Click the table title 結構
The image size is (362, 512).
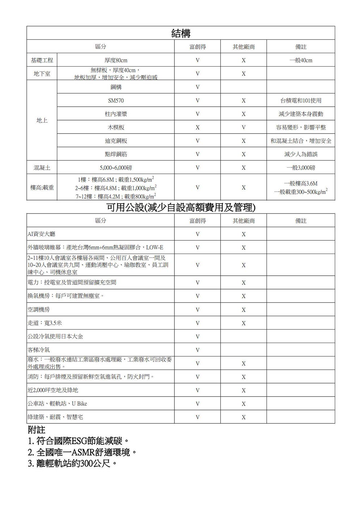(181, 33)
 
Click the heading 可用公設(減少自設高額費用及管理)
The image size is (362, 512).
(181, 207)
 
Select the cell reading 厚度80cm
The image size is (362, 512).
(116, 60)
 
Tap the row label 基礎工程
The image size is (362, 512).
(42, 60)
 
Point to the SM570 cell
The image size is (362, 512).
(116, 101)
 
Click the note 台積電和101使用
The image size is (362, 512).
(300, 101)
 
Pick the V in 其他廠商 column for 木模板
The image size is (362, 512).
(244, 127)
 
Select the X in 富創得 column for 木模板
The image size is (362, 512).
(197, 127)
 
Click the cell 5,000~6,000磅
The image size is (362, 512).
(116, 168)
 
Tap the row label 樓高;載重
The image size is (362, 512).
(42, 188)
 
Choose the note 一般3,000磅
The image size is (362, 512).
(300, 168)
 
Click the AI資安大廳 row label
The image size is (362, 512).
(42, 234)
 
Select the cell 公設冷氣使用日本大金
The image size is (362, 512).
(55, 337)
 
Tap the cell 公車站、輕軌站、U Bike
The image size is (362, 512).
(58, 403)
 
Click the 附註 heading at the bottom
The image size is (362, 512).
(37, 430)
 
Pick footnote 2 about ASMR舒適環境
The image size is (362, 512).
(83, 452)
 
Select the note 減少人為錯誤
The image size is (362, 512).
(300, 155)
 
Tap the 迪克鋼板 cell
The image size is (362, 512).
(116, 141)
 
